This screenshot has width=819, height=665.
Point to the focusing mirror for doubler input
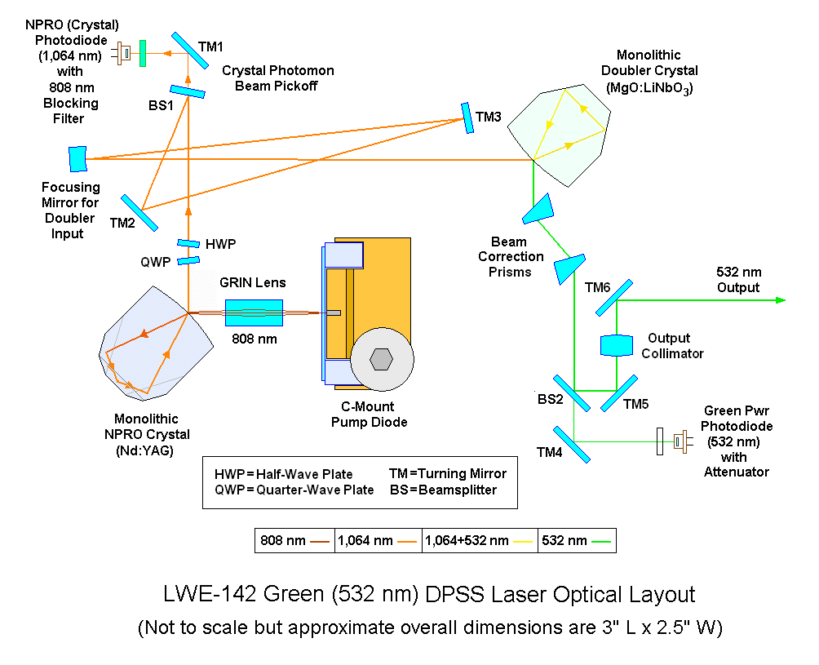tap(77, 158)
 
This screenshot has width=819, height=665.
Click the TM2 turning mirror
tap(139, 213)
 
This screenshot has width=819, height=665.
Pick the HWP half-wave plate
tap(188, 243)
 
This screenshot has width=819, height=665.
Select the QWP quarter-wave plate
tap(188, 261)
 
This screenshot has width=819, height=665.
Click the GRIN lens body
tap(254, 313)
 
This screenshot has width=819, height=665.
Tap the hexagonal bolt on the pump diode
tap(383, 359)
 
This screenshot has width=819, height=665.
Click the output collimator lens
tap(617, 345)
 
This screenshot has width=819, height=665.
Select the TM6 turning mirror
tap(614, 297)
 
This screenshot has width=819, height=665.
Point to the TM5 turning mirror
tap(620, 392)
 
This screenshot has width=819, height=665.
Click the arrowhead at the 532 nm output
tap(781, 300)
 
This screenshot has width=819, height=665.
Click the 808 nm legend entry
tap(294, 540)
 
